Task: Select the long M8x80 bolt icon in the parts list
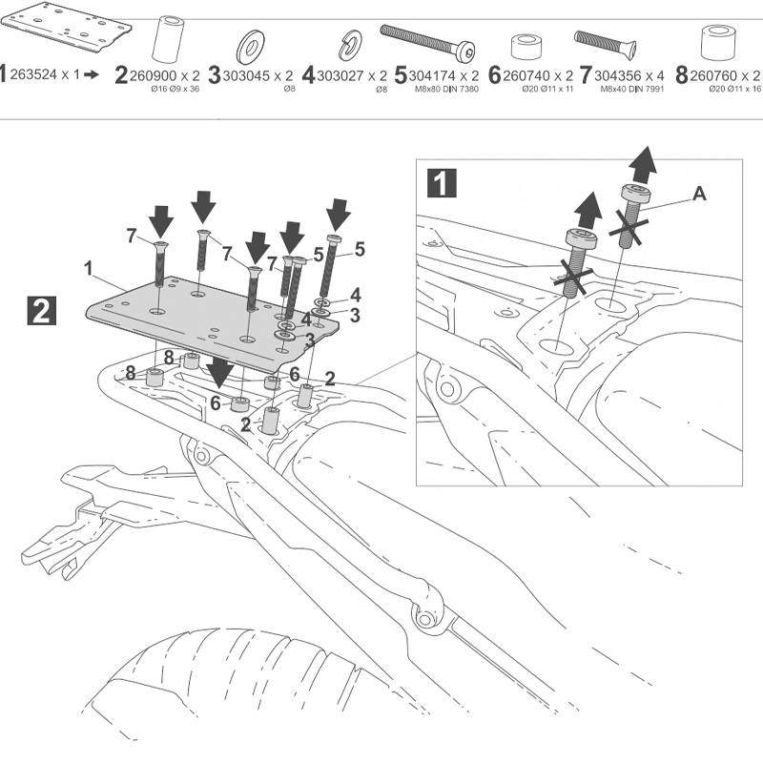428,40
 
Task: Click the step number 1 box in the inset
441,183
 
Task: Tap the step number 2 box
42,312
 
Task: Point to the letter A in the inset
699,194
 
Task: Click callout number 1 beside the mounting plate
88,269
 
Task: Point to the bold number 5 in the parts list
401,74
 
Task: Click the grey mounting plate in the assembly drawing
210,320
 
